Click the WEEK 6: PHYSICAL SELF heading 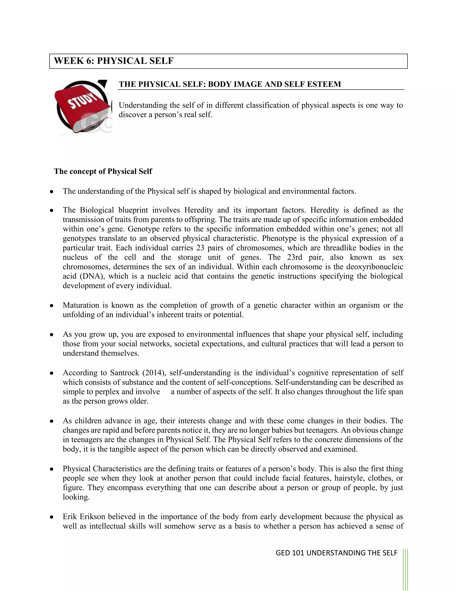114,61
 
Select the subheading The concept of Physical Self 103,172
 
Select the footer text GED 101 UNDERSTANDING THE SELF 336,553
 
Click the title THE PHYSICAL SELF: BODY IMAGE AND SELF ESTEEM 230,84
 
